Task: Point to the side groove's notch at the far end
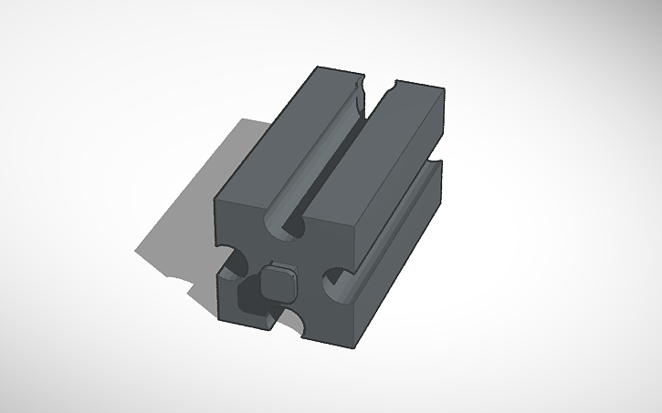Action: point(435,170)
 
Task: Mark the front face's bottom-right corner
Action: point(352,336)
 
